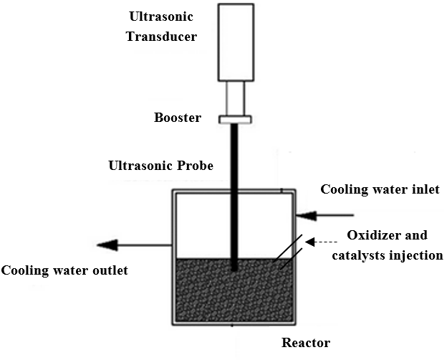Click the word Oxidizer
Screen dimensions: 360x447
pos(372,235)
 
